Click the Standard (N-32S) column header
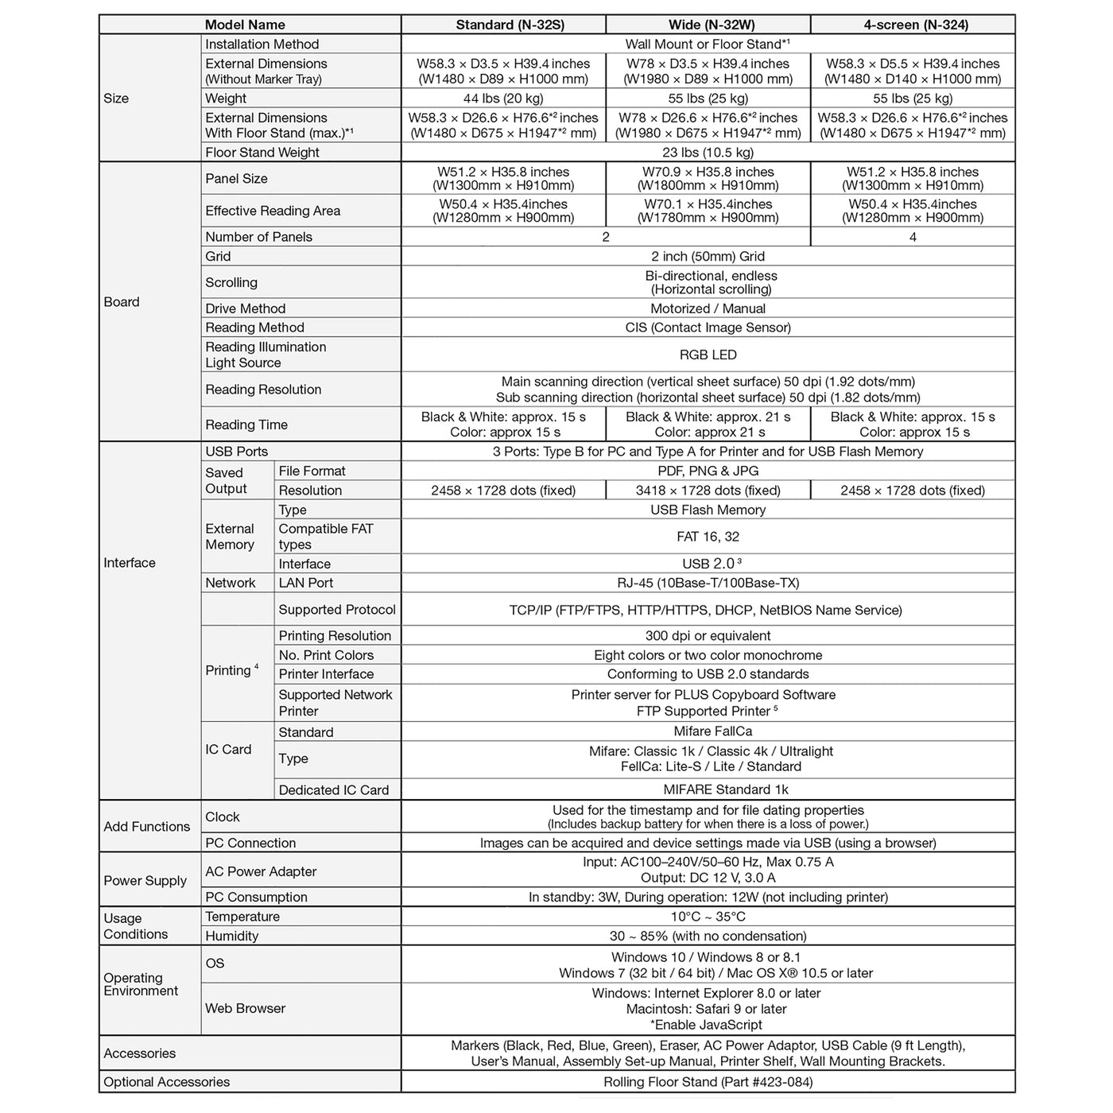(510, 25)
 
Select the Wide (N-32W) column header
(708, 25)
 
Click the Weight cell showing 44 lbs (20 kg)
(503, 99)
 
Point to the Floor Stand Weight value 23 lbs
(708, 153)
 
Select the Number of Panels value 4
(913, 237)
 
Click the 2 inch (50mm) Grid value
(708, 257)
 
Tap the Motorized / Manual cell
(708, 308)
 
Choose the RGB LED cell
(708, 355)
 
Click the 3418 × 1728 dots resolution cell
(708, 491)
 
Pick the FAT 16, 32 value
(708, 537)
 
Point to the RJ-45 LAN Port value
(708, 583)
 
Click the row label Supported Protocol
(337, 610)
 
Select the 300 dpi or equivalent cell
(708, 636)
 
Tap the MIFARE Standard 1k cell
(708, 789)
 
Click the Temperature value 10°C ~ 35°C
(708, 917)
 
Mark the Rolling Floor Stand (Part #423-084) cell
(708, 1082)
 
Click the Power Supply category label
(145, 881)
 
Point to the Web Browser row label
(245, 1009)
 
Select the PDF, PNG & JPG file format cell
(708, 471)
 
